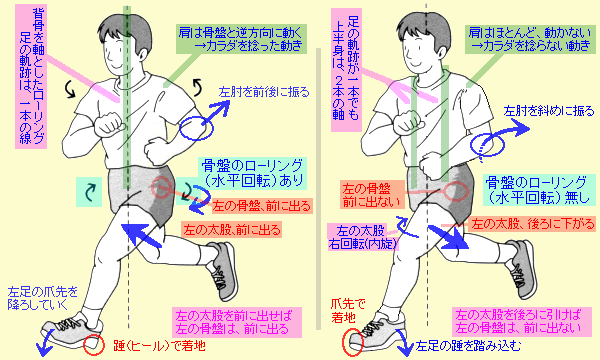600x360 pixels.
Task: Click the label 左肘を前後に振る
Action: coord(264,92)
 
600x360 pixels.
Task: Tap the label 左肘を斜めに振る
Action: coord(549,111)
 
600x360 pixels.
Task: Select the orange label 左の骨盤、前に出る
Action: coord(262,206)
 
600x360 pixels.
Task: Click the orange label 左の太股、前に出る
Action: coord(232,230)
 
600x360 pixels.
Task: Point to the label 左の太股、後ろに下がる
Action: coord(533,224)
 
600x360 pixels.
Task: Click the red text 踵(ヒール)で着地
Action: coord(160,345)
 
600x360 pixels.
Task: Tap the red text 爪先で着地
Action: coord(348,311)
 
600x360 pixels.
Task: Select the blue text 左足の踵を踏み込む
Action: coord(468,346)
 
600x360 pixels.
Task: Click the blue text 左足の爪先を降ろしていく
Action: coord(43,298)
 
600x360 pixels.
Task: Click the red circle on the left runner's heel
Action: coord(94,345)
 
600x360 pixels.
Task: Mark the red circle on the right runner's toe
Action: coord(351,342)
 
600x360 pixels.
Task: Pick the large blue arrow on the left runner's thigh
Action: coord(143,235)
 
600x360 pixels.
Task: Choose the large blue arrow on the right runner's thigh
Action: coord(448,237)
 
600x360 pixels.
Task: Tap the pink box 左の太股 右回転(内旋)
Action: coord(362,237)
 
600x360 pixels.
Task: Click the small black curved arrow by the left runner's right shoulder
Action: coord(71,90)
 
